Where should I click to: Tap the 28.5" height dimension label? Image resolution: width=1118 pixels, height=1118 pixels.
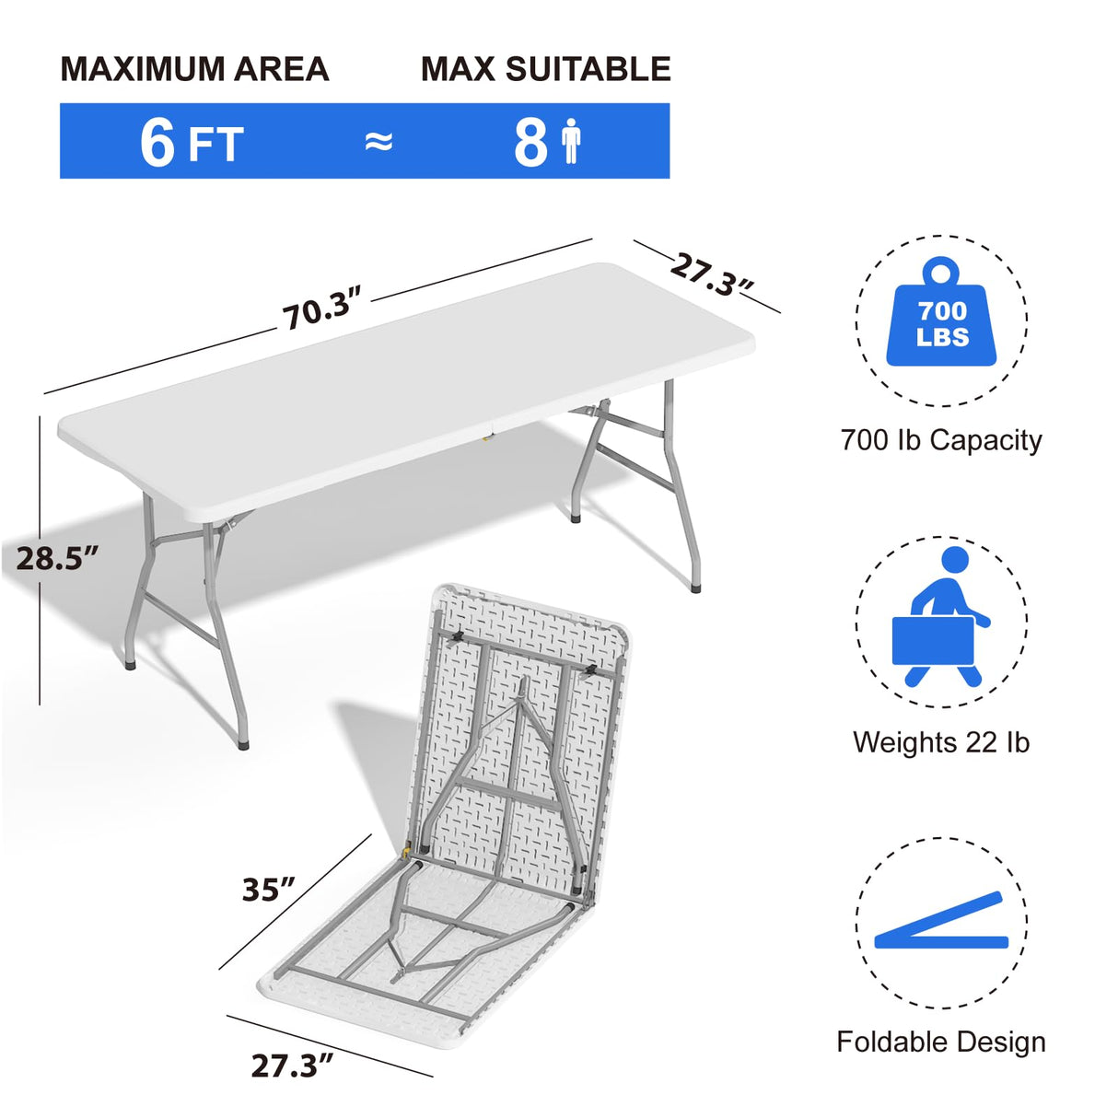[x=57, y=558]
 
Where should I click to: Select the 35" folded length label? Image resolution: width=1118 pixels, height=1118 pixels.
[x=268, y=890]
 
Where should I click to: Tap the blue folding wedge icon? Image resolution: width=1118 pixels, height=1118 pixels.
[x=941, y=924]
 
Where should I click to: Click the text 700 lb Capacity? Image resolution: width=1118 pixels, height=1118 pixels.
[x=941, y=440]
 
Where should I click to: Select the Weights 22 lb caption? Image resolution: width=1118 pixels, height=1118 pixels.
[x=941, y=742]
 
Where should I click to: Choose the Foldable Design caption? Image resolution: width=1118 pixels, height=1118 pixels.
[x=941, y=1042]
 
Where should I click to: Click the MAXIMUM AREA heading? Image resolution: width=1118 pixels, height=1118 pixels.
[x=194, y=70]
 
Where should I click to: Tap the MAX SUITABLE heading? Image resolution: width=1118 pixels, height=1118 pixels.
[x=545, y=70]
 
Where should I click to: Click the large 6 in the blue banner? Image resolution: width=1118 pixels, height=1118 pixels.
[x=157, y=142]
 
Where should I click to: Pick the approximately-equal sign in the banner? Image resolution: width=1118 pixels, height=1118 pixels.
[x=378, y=142]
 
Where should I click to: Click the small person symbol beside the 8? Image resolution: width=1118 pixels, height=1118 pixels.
[x=572, y=142]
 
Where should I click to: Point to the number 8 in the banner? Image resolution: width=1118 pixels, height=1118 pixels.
[x=531, y=142]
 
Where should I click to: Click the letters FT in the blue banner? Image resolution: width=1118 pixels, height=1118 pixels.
[x=215, y=146]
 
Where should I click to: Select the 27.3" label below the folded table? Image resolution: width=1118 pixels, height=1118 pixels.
[x=292, y=1066]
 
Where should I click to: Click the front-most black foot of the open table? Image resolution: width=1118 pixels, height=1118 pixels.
[x=243, y=742]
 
